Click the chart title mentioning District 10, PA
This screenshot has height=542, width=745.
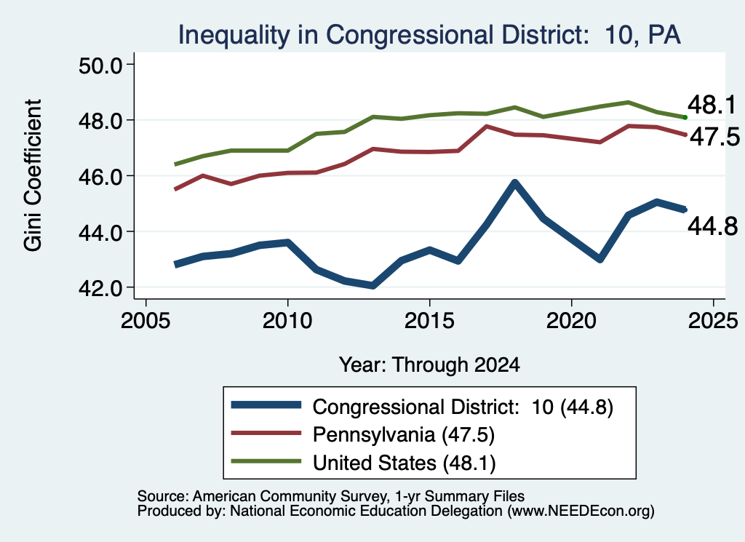(429, 35)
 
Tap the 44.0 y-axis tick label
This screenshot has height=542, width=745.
(100, 232)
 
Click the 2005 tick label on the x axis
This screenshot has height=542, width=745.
(146, 321)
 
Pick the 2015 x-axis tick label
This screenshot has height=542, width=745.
(429, 321)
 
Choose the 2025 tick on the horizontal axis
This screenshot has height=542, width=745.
(713, 321)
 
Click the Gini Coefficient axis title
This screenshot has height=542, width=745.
(33, 175)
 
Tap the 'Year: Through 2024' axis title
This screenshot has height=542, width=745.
(429, 364)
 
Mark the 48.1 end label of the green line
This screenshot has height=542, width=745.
(712, 105)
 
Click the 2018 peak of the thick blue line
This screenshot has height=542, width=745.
(514, 183)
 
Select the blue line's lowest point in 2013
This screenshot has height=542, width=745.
(373, 285)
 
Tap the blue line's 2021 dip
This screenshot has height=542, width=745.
(600, 260)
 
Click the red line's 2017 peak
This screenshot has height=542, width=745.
(487, 127)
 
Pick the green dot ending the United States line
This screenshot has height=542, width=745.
(685, 117)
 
